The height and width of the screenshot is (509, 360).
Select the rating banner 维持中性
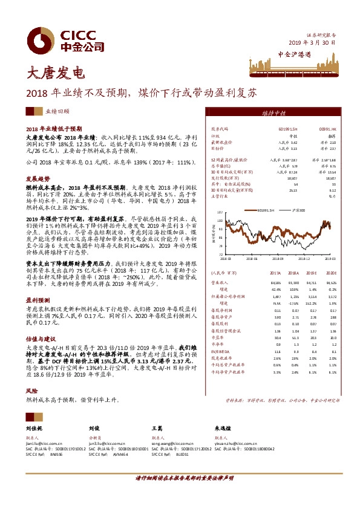[277, 113]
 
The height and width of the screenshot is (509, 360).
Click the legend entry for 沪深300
[299, 210]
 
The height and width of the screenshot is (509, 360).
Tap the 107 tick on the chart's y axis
[220, 212]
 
